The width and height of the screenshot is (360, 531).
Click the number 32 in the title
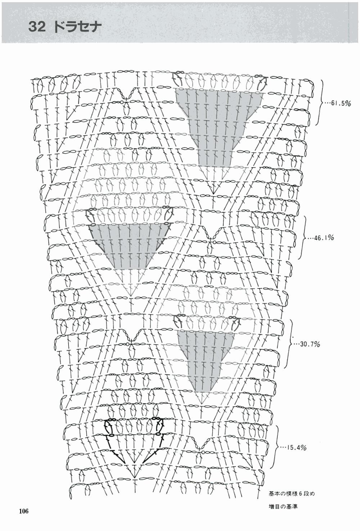37,27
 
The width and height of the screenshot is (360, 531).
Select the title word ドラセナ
77,27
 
